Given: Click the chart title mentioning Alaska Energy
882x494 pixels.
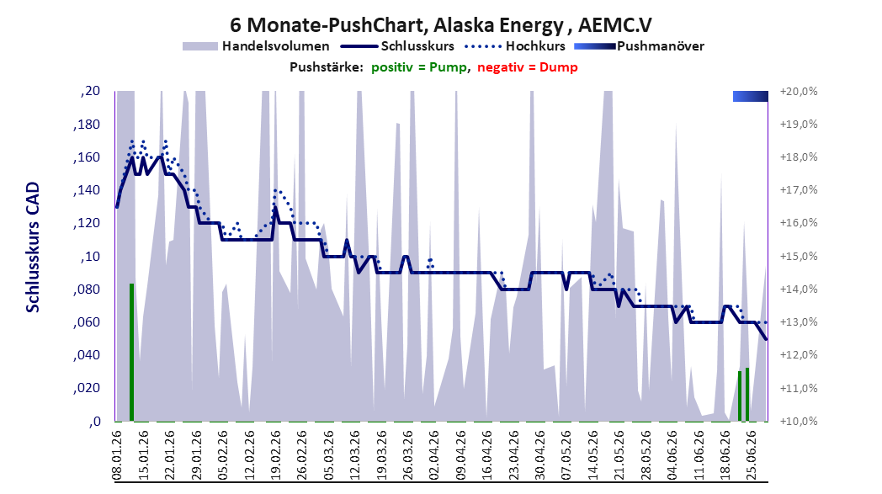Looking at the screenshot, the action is pos(440,24).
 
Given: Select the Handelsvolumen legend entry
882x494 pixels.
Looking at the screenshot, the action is pos(256,46).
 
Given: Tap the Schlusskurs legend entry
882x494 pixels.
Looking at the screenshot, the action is pos(397,46).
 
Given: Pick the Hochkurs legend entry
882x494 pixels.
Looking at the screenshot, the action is pos(515,46).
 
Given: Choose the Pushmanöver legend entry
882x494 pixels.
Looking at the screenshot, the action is pos(639,46).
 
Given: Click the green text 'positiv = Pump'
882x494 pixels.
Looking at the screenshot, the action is pos(419,67).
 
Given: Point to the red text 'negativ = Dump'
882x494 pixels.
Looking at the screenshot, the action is pos(528,67).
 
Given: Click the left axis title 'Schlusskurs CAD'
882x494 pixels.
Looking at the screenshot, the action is pos(33,247).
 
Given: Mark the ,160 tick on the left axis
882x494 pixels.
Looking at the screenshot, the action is pos(87,157).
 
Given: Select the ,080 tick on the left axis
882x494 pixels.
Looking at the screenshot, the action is pos(87,289).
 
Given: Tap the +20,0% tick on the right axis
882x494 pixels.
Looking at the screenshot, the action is pos(799,91).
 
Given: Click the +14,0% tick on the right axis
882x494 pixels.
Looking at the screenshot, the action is pos(799,289).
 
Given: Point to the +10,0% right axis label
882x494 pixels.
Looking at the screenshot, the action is pos(799,421).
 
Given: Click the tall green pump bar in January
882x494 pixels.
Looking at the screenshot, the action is pos(131,353).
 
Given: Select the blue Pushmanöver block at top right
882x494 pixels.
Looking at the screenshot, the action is pos(751,96).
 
